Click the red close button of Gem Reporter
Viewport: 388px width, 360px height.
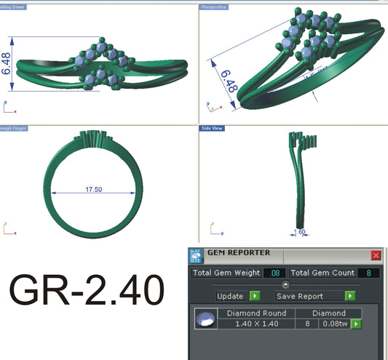[x=376, y=255]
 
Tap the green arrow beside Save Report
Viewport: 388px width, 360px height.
[x=350, y=296]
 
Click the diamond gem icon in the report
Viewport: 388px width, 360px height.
[x=206, y=318]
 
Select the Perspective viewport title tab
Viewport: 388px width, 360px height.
[x=214, y=7]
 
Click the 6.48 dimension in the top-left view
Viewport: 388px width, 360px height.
[x=7, y=63]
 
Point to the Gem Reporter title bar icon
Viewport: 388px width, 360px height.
[x=196, y=255]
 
